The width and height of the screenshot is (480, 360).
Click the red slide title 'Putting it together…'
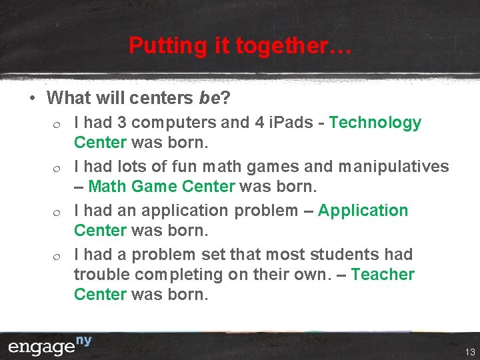pyautogui.click(x=239, y=46)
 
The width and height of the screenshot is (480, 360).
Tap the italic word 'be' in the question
pyautogui.click(x=209, y=98)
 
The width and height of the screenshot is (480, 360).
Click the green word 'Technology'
pyautogui.click(x=375, y=123)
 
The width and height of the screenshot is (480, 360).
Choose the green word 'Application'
pyautogui.click(x=363, y=211)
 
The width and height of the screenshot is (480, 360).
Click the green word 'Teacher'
pyautogui.click(x=383, y=275)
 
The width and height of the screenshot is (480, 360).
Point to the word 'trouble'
pyautogui.click(x=101, y=275)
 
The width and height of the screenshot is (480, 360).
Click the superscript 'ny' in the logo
pyautogui.click(x=83, y=341)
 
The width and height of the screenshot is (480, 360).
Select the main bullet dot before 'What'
pyautogui.click(x=32, y=99)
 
